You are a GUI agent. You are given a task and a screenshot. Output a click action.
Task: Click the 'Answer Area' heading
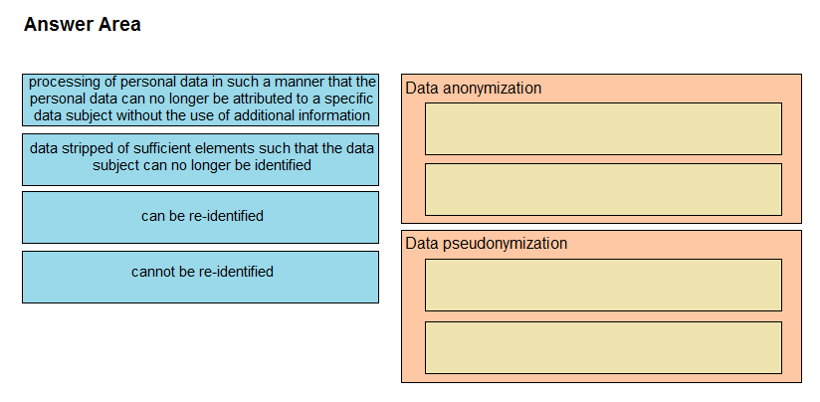click(83, 25)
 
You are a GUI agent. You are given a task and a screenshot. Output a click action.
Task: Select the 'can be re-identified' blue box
click(200, 218)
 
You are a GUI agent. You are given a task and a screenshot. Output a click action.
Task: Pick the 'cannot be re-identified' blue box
click(200, 277)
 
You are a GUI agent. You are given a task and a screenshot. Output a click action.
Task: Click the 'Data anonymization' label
click(474, 89)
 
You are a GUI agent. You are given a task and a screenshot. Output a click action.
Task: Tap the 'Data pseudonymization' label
click(487, 244)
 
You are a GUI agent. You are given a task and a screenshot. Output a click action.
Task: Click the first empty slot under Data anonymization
click(603, 128)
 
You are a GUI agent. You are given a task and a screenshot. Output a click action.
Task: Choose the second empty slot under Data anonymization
click(603, 189)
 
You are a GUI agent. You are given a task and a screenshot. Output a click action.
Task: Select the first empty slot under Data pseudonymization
click(603, 285)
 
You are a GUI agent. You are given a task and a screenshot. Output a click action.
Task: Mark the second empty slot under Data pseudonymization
click(603, 347)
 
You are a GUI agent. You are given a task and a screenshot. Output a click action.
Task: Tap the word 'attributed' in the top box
click(265, 99)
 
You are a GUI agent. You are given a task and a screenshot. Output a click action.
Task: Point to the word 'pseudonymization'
click(506, 244)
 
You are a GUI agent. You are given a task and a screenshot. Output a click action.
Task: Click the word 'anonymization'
click(493, 89)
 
